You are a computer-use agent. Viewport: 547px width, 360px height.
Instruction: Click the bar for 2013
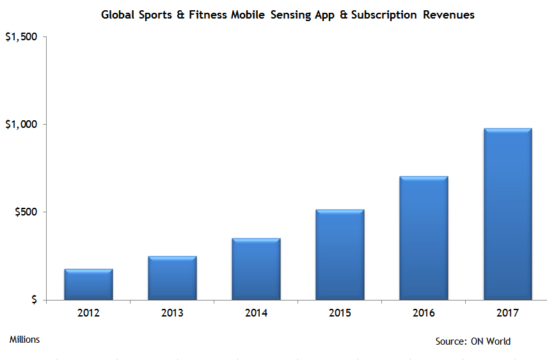point(172,278)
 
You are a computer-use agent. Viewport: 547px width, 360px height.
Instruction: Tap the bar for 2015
point(340,254)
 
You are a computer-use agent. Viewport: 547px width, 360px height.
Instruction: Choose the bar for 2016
point(424,238)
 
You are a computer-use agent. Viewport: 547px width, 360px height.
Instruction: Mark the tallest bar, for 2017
point(507,214)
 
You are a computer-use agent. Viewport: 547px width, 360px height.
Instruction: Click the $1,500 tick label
point(20,37)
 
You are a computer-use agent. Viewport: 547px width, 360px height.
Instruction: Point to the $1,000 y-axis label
point(20,124)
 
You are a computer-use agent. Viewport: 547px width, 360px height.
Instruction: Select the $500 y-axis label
point(25,212)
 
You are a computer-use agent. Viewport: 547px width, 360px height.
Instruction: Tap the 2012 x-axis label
point(88,313)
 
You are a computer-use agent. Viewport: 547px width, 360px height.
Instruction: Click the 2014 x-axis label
point(256,313)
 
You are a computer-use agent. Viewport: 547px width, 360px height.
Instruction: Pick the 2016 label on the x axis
point(424,313)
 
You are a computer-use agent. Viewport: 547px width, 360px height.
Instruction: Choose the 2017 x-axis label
point(507,313)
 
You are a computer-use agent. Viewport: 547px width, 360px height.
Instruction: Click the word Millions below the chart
point(24,340)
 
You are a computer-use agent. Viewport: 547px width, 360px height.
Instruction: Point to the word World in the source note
point(498,341)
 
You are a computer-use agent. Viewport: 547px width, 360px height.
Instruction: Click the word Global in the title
point(117,15)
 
